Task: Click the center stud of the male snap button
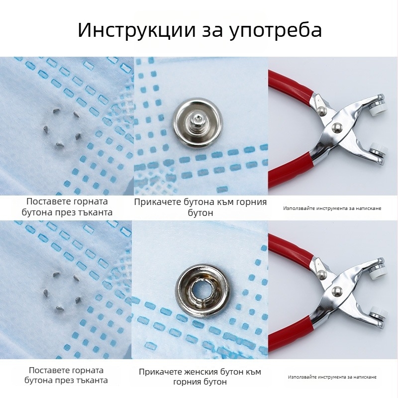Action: [198, 119]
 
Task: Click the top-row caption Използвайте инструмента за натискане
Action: [332, 208]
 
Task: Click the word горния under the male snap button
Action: [248, 202]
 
